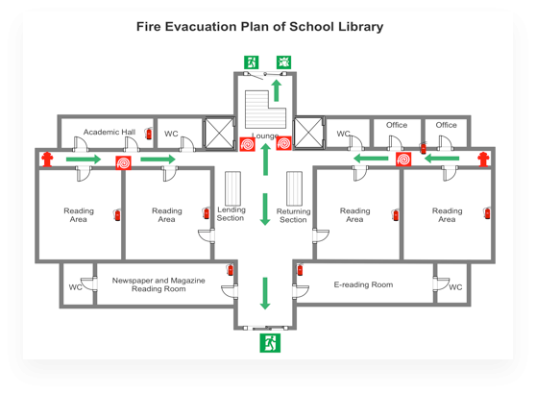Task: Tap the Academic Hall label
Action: point(110,132)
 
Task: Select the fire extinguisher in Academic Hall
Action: point(148,134)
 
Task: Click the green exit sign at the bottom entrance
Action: point(270,343)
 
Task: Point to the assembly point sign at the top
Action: point(283,62)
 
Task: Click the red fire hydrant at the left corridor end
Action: point(47,160)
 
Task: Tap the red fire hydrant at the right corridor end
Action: point(483,159)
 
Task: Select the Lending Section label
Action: point(231,213)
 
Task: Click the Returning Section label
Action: point(293,215)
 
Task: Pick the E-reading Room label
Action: point(363,284)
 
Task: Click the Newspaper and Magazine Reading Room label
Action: point(158,284)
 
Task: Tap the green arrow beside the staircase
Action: point(277,90)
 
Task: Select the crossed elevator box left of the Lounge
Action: point(219,134)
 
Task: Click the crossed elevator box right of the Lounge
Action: point(308,134)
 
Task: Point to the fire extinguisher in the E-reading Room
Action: point(300,269)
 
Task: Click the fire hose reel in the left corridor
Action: point(123,162)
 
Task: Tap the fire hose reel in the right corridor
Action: point(403,160)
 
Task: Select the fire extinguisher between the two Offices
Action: point(424,148)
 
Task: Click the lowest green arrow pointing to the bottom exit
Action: point(265,293)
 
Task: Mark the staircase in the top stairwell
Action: point(265,110)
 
